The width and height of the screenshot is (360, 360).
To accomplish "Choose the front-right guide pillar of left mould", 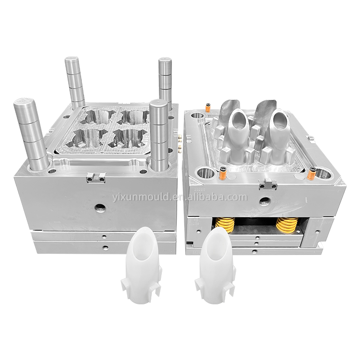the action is coord(159,135).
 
